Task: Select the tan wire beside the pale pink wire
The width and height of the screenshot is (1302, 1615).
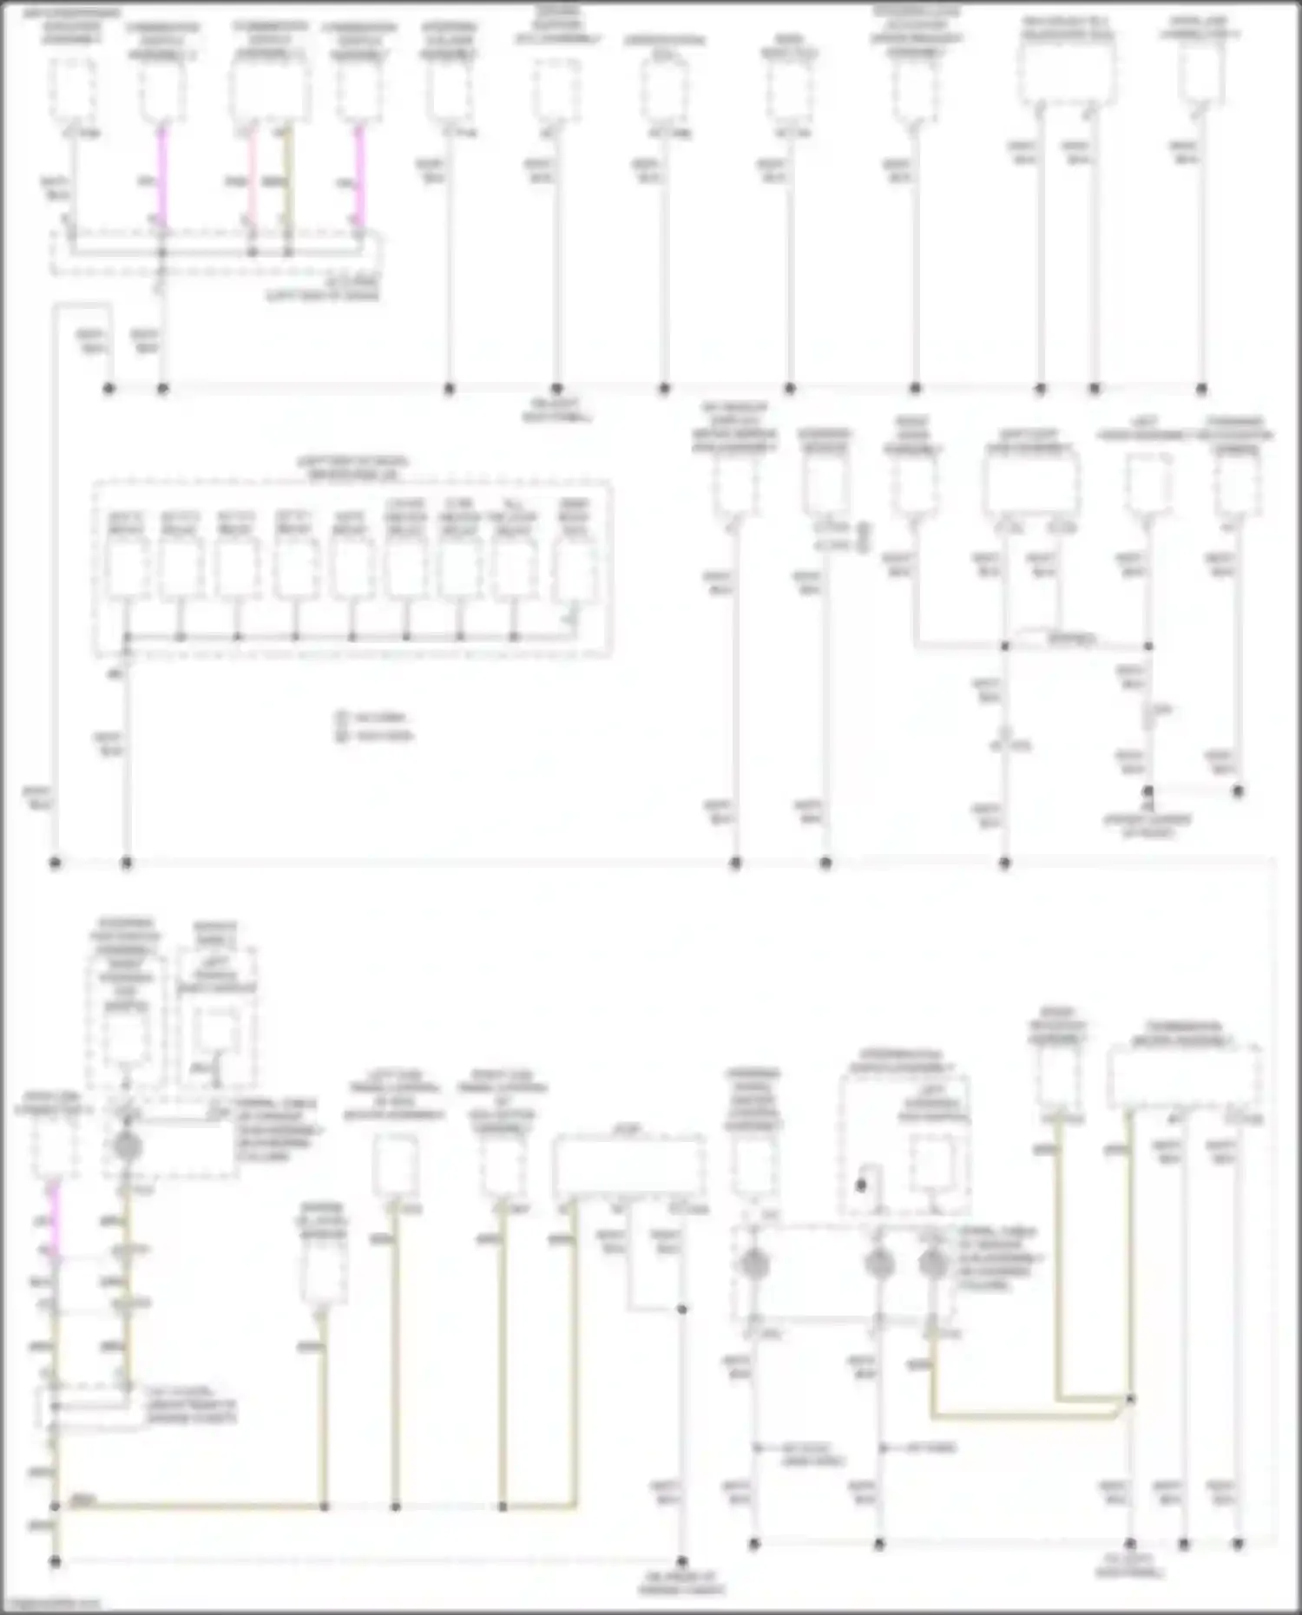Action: click(x=288, y=187)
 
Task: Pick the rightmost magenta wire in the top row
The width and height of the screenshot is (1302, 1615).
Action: click(x=359, y=178)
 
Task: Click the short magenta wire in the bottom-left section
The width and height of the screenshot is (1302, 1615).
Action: click(x=54, y=1215)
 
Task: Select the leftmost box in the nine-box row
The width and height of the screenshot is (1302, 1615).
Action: click(x=127, y=569)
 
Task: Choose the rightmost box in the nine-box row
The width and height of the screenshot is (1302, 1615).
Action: click(x=574, y=569)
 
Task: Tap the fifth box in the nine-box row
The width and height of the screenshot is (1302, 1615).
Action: click(x=351, y=569)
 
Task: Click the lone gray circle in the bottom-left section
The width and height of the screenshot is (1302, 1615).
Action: click(x=127, y=1146)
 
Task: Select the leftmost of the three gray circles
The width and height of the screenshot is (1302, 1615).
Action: click(x=753, y=1264)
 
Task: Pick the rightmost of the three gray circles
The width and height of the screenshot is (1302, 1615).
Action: click(x=932, y=1264)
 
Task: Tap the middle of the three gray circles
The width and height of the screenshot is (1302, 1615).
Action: click(x=878, y=1264)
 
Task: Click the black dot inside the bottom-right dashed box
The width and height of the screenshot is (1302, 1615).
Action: click(x=861, y=1185)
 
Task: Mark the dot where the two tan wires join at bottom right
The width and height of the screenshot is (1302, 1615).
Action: click(x=1130, y=1399)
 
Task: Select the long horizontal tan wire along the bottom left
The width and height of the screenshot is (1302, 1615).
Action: click(x=191, y=1507)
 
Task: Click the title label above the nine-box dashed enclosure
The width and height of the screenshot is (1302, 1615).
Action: click(x=352, y=468)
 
